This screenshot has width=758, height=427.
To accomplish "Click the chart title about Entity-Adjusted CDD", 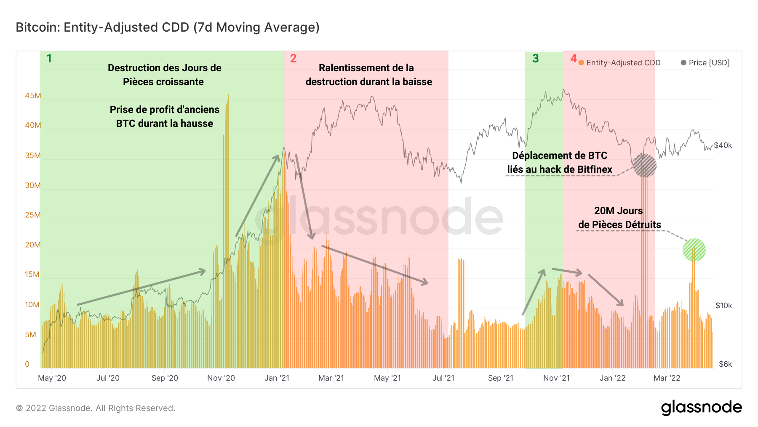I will coord(168,27).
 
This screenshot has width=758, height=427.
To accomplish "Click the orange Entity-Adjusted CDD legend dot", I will coord(581,63).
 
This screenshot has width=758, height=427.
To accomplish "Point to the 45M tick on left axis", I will coord(33,96).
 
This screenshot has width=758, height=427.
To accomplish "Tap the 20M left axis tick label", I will coord(33,245).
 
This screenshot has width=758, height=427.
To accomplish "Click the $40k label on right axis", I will coord(723,145).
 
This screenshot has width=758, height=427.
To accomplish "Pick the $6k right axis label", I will coord(725,364).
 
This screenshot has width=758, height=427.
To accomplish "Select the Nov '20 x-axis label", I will coord(221,378).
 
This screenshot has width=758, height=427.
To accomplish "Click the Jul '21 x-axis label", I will coord(443,378).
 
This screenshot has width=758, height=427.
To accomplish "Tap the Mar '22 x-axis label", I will coord(667,378).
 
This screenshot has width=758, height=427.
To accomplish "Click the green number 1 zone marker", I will coord(49,59).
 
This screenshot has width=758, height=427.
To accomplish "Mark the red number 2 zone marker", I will coord(293,59).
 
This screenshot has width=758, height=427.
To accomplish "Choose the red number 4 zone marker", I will coord(573,58).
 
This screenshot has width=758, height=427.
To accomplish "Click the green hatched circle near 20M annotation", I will coord(694,250).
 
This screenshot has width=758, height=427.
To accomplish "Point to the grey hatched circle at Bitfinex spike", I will coord(645,166).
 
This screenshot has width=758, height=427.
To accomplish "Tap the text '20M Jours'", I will coord(618,211).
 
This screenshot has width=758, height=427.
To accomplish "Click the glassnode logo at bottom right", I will coord(701,408).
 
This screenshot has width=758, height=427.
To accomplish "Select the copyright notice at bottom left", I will coord(96,408).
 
